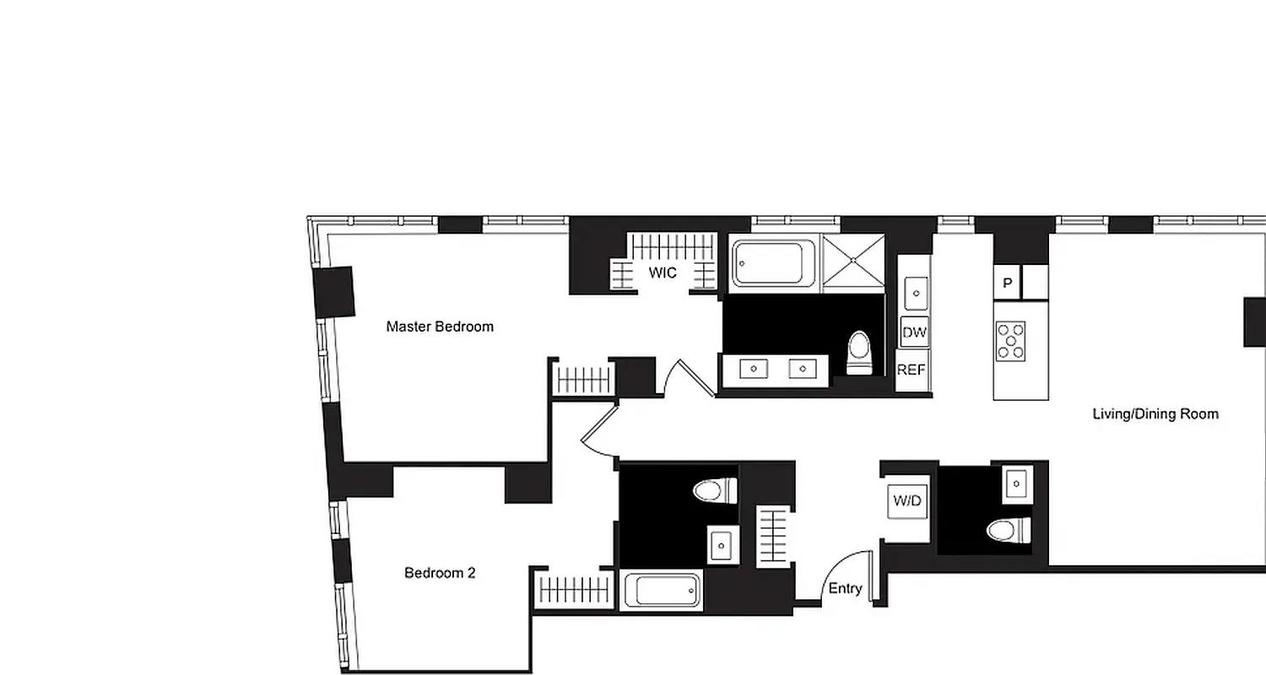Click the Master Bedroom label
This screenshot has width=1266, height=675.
[x=440, y=327]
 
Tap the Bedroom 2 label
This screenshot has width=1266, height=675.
[x=440, y=573]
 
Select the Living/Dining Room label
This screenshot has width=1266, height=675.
[x=1155, y=414]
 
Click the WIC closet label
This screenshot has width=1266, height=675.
[x=663, y=273]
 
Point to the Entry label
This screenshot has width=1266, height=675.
[x=845, y=589]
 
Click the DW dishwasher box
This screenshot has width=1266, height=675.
[x=914, y=332]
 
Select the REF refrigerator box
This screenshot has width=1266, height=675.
[x=912, y=370]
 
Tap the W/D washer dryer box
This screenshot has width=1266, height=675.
[x=907, y=501]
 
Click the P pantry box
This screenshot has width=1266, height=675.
[x=1007, y=283]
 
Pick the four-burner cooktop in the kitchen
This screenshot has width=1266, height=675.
[x=1010, y=342]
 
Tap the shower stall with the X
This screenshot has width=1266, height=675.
[x=853, y=263]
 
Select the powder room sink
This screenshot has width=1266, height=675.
[x=1017, y=483]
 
